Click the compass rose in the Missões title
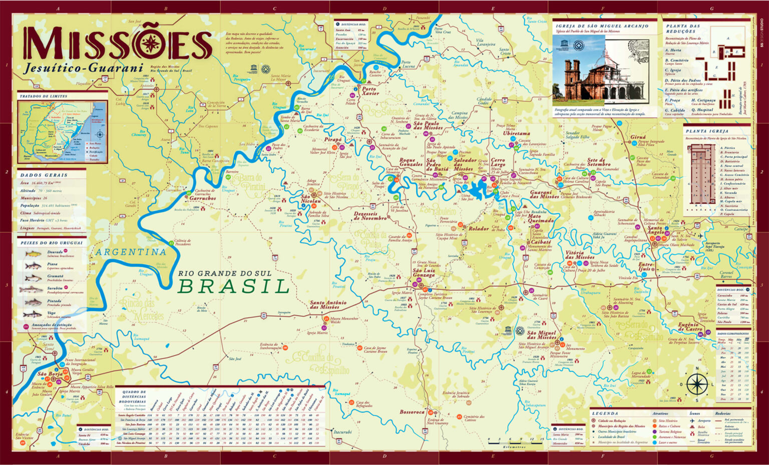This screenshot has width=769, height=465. point(150,44)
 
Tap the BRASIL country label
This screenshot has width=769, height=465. point(234,286)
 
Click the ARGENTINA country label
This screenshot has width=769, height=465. point(131,252)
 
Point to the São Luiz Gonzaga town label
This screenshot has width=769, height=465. point(424,272)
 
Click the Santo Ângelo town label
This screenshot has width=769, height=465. point(655,230)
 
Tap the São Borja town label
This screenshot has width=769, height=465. point(50,373)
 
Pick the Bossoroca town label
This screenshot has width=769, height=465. point(412,412)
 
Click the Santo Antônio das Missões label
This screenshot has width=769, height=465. point(328,304)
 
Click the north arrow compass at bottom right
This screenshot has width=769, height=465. point(696,384)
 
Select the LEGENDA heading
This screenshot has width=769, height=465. point(605,413)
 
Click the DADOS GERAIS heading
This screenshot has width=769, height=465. point(44,175)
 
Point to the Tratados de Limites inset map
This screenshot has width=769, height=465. point(63,131)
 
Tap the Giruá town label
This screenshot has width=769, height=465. point(638,136)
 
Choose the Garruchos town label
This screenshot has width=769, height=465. point(202,198)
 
